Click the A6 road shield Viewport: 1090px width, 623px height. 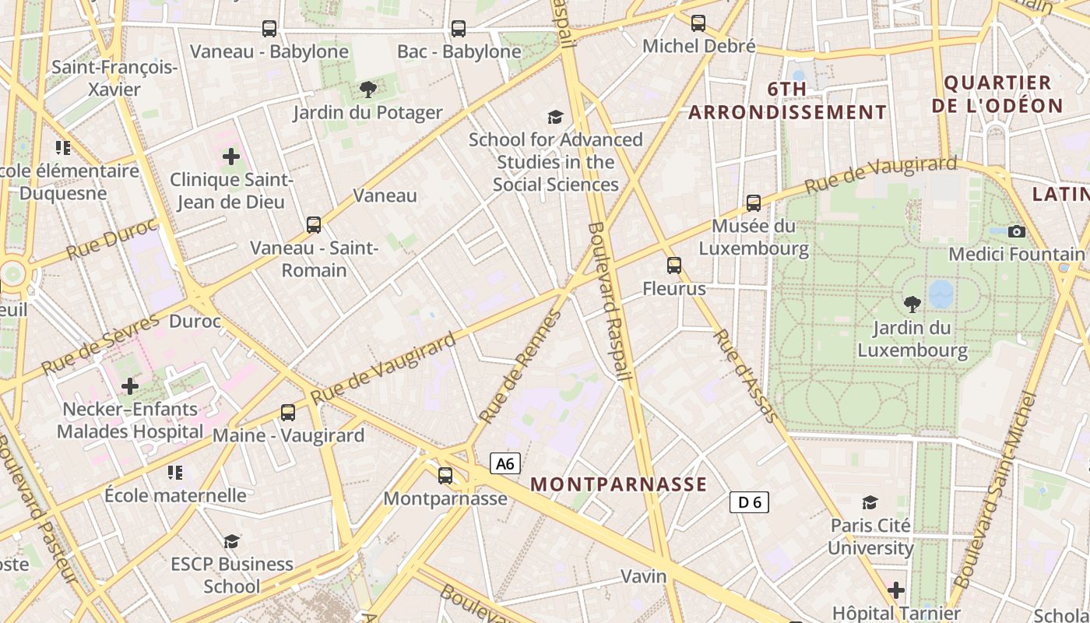505,464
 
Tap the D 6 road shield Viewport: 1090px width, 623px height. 749,502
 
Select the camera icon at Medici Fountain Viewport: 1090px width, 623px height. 1016,231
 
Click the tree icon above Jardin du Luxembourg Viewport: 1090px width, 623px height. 912,304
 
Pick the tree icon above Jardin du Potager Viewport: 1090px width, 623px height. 368,90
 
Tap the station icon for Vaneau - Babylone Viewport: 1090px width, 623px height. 269,29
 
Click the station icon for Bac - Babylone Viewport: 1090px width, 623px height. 459,29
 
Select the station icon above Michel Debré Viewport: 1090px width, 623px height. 698,23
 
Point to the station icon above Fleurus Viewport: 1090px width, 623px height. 674,266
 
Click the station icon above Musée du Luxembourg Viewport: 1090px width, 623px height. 753,203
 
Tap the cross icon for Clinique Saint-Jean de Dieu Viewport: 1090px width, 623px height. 231,157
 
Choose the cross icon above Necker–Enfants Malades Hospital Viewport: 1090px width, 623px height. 130,385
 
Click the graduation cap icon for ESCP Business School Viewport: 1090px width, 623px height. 231,541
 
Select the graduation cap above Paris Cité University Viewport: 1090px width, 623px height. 870,502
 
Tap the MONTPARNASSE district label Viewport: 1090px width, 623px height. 618,484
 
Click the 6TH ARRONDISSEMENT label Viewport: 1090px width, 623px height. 787,100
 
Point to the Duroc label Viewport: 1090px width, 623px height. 195,321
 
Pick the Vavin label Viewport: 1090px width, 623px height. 644,576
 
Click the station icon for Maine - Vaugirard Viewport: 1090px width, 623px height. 288,413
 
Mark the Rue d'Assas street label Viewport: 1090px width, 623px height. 746,376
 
